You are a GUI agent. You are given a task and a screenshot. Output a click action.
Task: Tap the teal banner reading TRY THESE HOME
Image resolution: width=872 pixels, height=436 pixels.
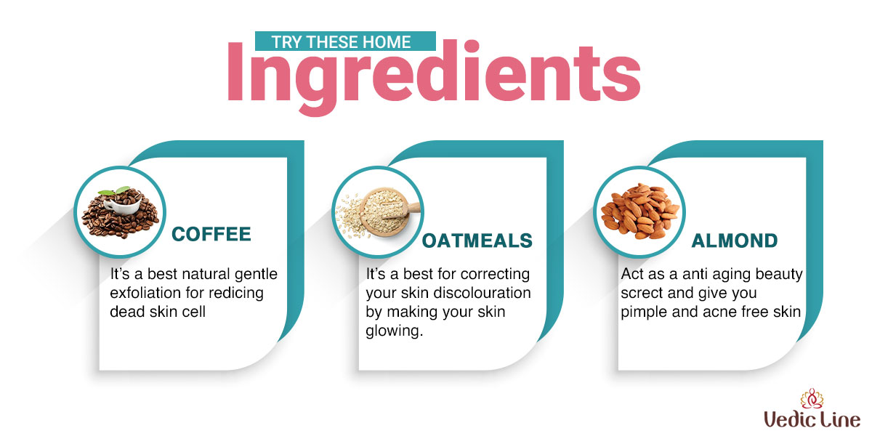coord(345,41)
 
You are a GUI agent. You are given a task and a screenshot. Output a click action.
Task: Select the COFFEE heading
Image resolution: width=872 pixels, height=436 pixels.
coord(211,234)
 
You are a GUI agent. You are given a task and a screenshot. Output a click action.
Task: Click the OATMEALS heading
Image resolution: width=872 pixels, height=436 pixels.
coord(477,241)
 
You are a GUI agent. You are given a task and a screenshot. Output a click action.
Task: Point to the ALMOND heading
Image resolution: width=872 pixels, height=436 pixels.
coord(735,241)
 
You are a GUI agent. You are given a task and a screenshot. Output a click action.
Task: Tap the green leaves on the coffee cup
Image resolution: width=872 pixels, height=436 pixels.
coord(114,190)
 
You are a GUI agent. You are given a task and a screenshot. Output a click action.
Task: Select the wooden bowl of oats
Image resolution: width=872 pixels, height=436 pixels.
coord(386,210)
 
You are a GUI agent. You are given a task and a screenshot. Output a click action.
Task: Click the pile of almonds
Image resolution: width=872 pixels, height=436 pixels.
coord(640,211)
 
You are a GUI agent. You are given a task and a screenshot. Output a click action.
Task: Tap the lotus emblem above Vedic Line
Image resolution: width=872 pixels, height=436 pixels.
coord(812,398)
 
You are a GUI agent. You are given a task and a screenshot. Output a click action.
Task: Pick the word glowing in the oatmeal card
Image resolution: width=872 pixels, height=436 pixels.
coord(394,331)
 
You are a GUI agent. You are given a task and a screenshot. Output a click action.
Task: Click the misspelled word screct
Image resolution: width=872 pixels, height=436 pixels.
coord(641,293)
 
